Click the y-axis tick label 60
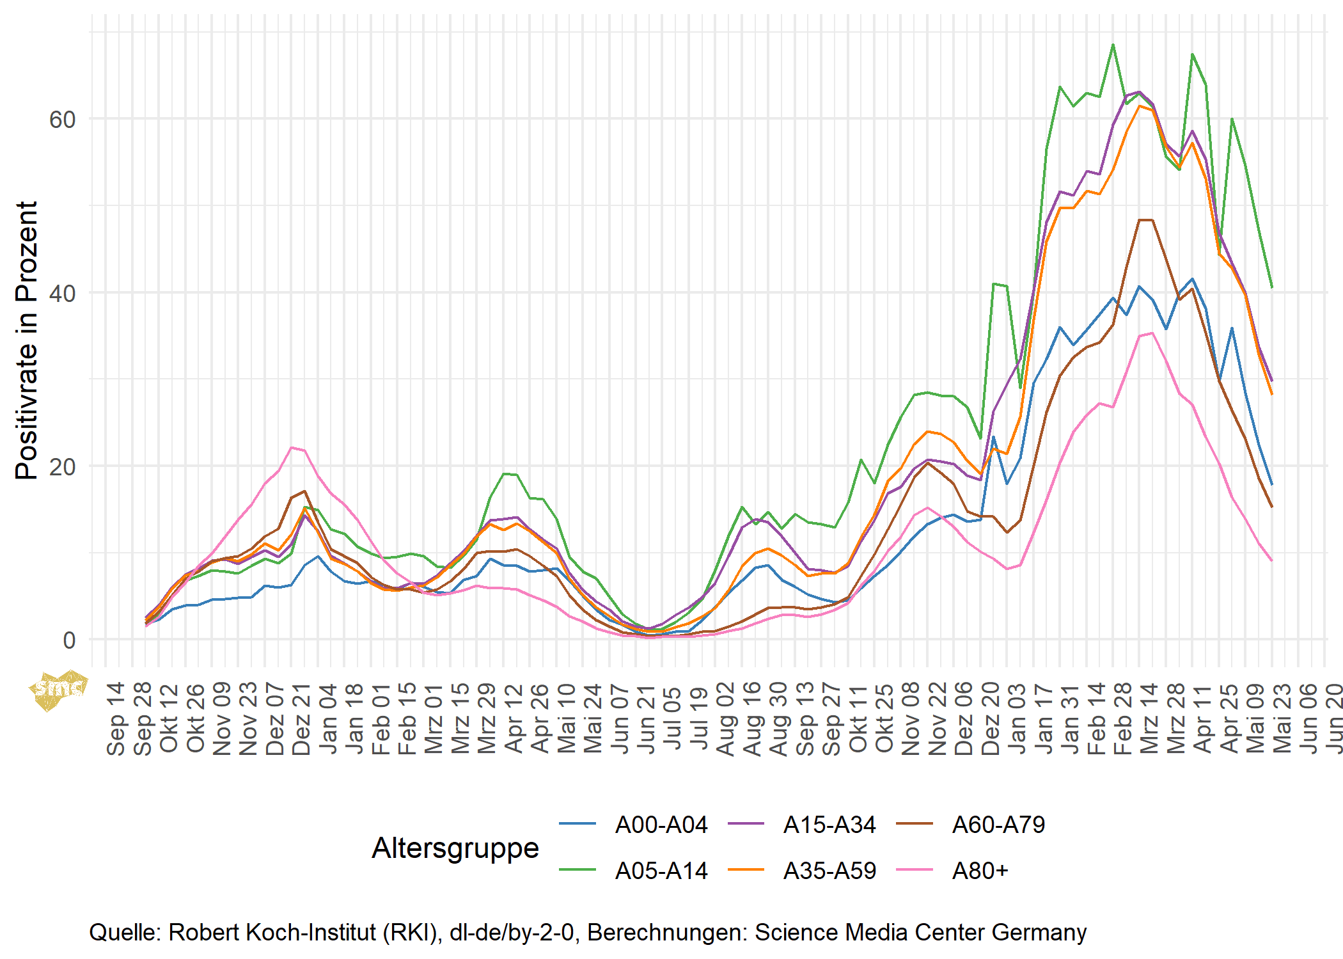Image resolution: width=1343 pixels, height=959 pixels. tap(62, 120)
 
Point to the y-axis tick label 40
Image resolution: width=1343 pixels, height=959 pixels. tap(62, 294)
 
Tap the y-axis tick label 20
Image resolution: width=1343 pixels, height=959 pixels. tap(62, 467)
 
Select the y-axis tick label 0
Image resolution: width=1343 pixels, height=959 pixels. tap(69, 640)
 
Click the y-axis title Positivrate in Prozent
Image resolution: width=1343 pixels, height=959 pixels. tap(27, 340)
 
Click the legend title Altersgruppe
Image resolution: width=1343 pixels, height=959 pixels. tap(455, 848)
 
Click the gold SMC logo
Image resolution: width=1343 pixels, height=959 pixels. tap(58, 690)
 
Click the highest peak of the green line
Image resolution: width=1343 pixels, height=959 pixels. tap(1113, 45)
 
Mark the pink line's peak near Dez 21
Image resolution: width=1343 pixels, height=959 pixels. tap(292, 448)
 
